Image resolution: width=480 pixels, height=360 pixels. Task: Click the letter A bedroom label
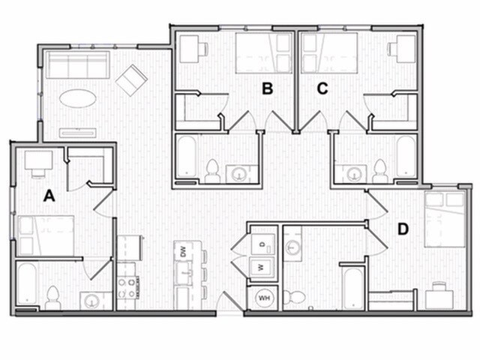(x=49, y=196)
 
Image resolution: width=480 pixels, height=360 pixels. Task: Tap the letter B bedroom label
(x=267, y=88)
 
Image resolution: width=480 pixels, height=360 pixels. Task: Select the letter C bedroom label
(x=322, y=88)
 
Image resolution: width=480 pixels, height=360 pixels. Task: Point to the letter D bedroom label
(x=403, y=229)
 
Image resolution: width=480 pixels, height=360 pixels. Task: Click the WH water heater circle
(x=263, y=297)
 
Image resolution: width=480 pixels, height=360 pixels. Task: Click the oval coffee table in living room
(x=77, y=98)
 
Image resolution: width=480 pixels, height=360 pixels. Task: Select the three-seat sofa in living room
(x=77, y=66)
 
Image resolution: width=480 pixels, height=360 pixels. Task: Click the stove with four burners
(x=127, y=287)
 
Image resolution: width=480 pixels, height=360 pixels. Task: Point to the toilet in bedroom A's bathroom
(x=52, y=298)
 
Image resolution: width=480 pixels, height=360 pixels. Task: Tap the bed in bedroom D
(x=444, y=218)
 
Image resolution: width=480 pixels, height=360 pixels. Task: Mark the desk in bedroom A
(x=37, y=160)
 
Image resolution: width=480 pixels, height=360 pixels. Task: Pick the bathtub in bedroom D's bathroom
(x=351, y=289)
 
